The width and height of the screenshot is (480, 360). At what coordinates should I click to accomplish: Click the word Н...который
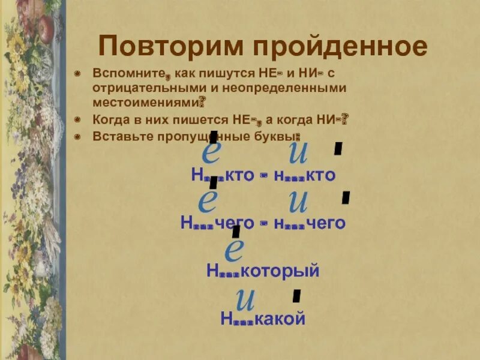point(262,271)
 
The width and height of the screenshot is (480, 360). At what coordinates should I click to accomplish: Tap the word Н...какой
point(263,319)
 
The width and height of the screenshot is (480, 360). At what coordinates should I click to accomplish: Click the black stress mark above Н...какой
point(296,295)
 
